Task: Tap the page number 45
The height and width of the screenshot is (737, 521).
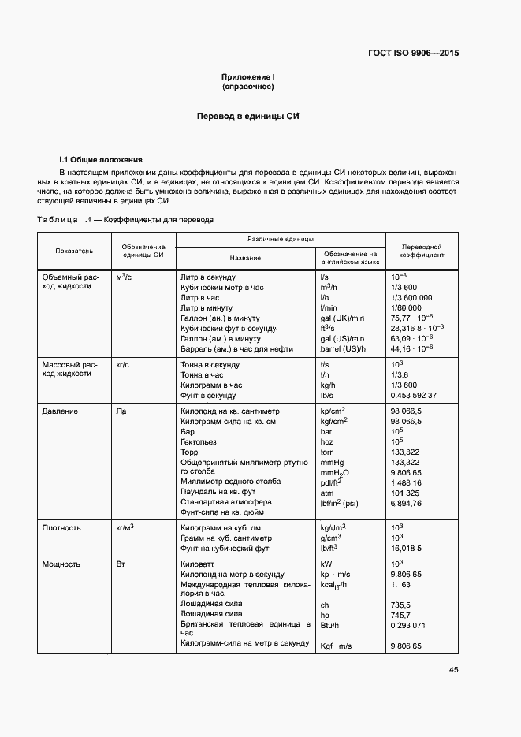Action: pyautogui.click(x=453, y=669)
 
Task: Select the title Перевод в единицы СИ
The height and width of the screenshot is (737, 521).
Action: pyautogui.click(x=247, y=116)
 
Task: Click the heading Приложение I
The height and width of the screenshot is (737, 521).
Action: pyautogui.click(x=247, y=76)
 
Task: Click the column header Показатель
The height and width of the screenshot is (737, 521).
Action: pyautogui.click(x=74, y=251)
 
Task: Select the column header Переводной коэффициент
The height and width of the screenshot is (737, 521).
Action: pyautogui.click(x=421, y=251)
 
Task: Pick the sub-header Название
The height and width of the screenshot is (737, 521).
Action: pyautogui.click(x=245, y=258)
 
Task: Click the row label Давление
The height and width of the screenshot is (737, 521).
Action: pyautogui.click(x=60, y=411)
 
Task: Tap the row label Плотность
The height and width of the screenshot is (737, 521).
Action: pyautogui.click(x=62, y=527)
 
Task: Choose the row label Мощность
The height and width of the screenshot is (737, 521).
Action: pyautogui.click(x=61, y=564)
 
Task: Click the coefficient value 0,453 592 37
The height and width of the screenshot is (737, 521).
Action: pyautogui.click(x=414, y=395)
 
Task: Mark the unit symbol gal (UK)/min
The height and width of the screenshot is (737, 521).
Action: pyautogui.click(x=342, y=318)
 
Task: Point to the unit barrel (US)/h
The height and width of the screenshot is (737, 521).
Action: pyautogui.click(x=344, y=348)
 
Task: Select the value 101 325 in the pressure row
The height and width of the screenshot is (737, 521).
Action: pyautogui.click(x=406, y=492)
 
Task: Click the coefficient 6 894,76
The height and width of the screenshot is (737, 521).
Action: pyautogui.click(x=407, y=502)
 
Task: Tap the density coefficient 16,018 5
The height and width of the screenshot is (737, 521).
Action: pyautogui.click(x=407, y=547)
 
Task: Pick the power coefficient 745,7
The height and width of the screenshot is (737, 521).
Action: pyautogui.click(x=401, y=614)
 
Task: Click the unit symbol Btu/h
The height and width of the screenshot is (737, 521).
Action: pyautogui.click(x=329, y=625)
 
